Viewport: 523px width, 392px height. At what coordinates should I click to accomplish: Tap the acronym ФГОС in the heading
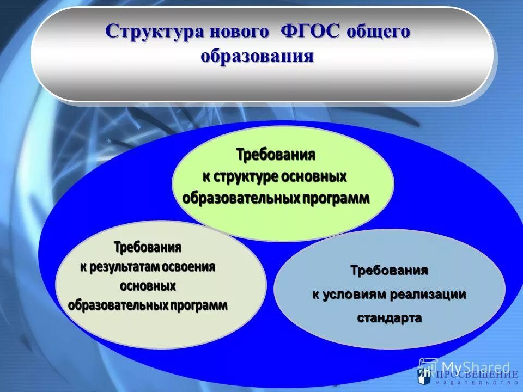[x=308, y=32]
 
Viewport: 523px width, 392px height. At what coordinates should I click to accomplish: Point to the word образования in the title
[x=257, y=56]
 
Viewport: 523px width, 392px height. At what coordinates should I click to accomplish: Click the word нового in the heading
[x=238, y=32]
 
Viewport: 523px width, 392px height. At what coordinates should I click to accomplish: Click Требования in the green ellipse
[x=276, y=155]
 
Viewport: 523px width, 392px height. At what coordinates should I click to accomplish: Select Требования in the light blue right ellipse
[x=389, y=271]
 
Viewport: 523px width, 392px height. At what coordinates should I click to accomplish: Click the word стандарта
[x=389, y=318]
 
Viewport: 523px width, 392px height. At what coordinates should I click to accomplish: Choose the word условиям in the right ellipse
[x=354, y=295]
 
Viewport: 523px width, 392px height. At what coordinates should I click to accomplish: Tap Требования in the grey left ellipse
[x=147, y=247]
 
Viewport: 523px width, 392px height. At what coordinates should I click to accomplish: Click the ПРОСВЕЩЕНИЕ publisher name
[x=477, y=375]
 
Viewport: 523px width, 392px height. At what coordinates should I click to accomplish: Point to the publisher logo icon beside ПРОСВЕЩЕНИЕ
[x=425, y=375]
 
